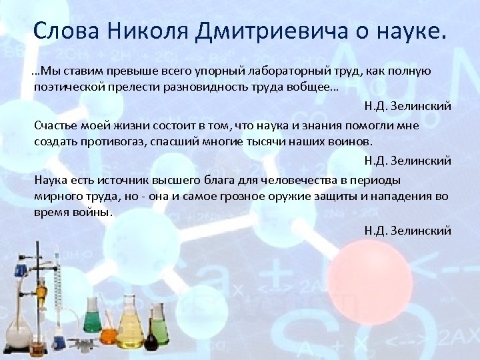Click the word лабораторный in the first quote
(287, 71)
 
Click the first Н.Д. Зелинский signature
(407, 106)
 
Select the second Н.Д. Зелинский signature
(407, 161)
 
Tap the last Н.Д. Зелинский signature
(407, 231)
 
